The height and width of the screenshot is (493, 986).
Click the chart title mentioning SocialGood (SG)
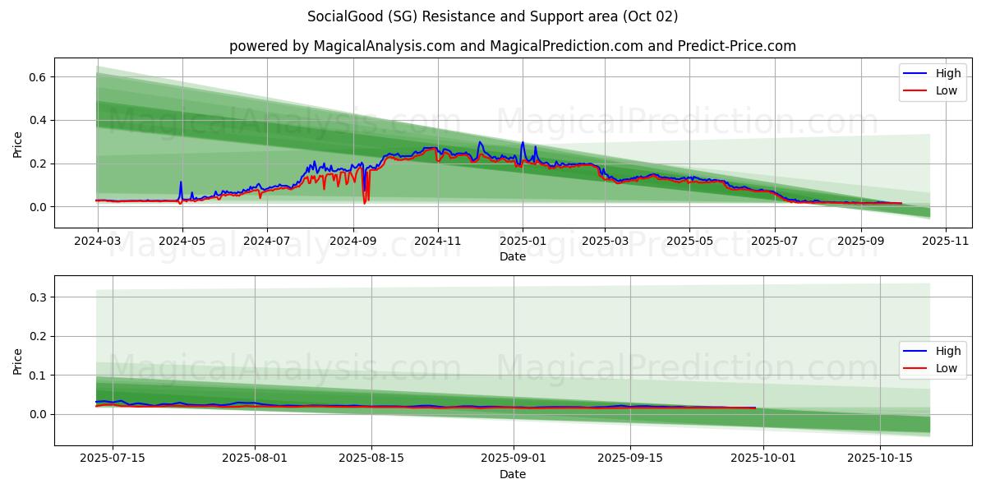pos(493,16)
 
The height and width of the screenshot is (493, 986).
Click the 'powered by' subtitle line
pos(512,46)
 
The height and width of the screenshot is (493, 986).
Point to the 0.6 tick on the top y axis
pos(37,77)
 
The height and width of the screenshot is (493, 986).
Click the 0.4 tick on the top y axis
pos(37,121)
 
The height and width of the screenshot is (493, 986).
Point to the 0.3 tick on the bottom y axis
pos(37,297)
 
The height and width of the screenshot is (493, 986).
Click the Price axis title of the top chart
pos(18,144)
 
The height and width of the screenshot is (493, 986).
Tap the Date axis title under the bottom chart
pos(513,474)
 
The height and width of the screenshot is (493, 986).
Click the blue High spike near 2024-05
pos(181,183)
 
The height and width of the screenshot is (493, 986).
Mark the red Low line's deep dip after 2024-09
pos(365,202)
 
